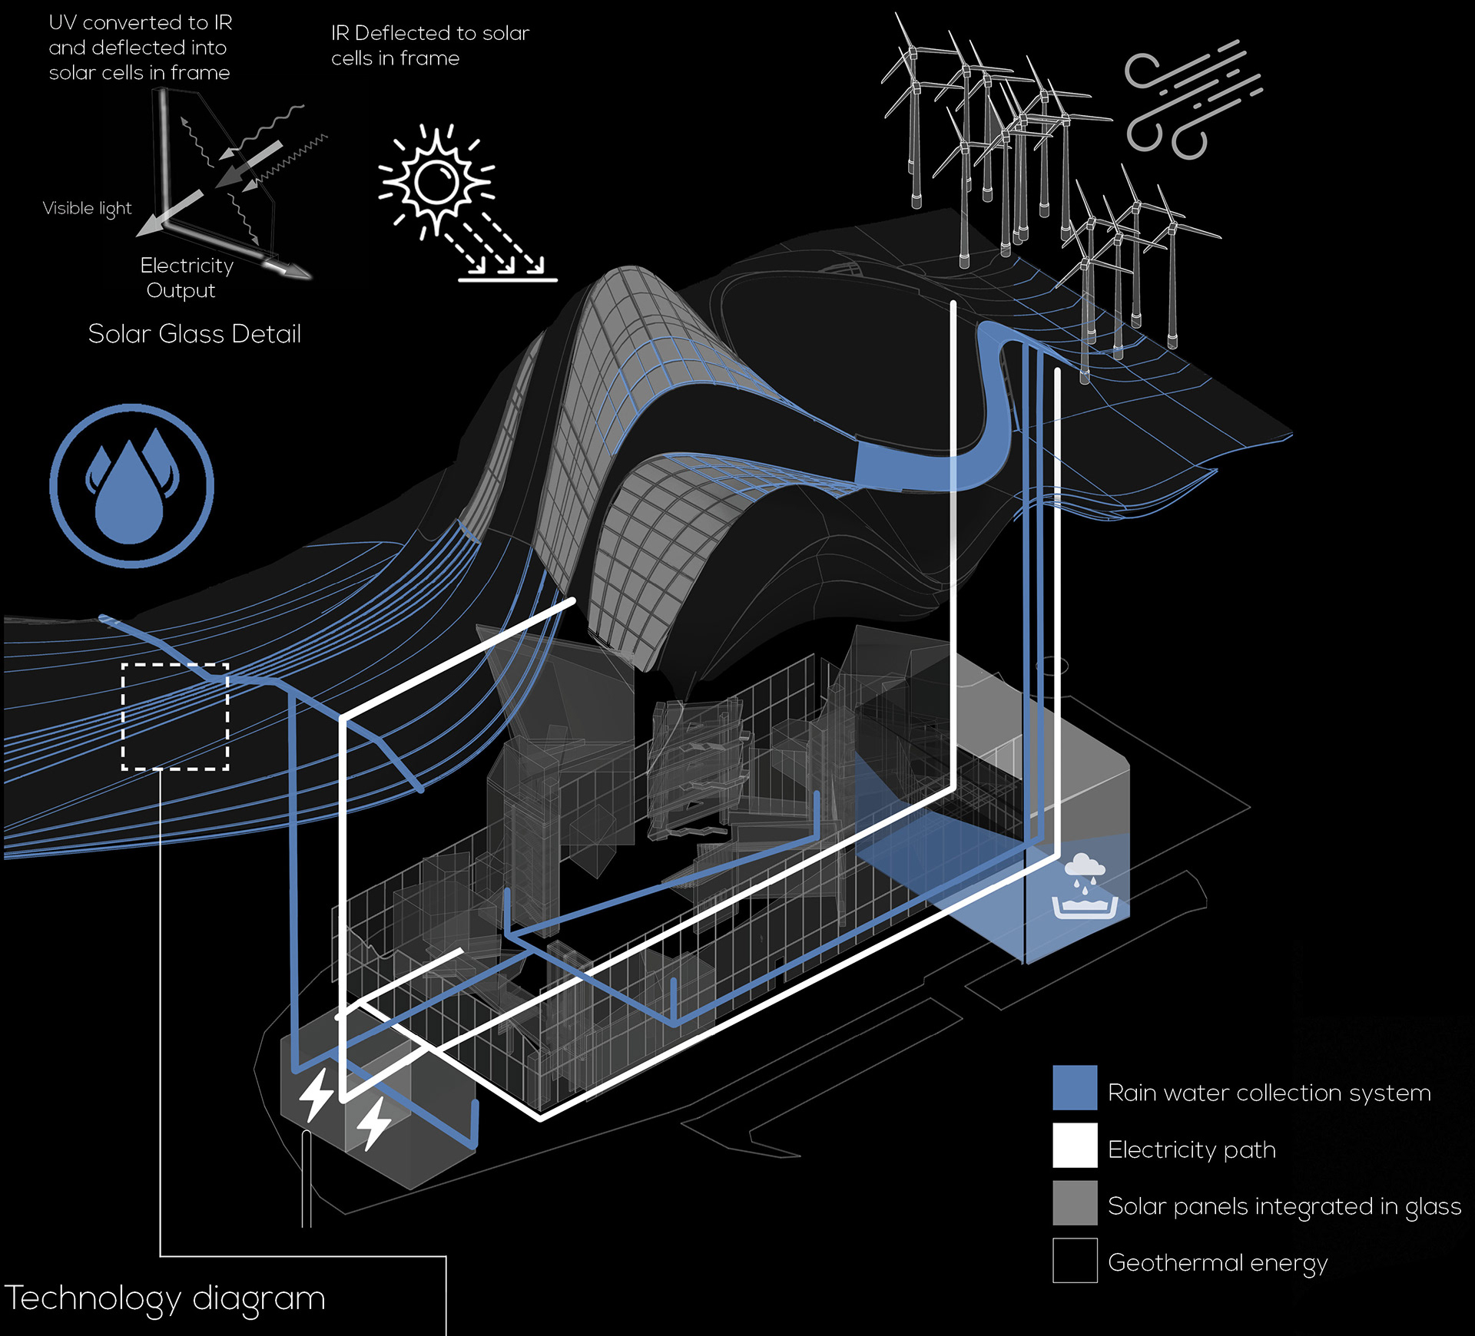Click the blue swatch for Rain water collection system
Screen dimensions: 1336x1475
coord(1075,1087)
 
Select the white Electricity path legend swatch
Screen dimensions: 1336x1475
coord(1075,1145)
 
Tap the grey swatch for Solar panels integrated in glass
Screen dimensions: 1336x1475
coord(1075,1202)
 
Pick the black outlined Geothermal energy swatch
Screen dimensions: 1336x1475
coord(1075,1260)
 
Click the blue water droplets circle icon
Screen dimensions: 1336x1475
coord(131,486)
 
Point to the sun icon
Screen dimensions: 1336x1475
coord(436,181)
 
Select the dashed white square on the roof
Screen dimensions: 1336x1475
coord(175,716)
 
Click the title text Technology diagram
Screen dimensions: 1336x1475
coord(165,1298)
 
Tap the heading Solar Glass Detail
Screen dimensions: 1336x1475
coord(194,334)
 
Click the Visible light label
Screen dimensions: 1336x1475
coord(87,209)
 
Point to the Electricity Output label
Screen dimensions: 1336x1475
coord(186,278)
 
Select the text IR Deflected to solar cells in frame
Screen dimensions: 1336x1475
coord(429,45)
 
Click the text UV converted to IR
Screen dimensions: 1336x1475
coord(140,23)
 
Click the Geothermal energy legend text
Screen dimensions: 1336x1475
coord(1218,1263)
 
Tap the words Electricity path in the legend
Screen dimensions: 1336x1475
coord(1192,1149)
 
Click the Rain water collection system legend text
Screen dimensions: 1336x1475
coord(1269,1093)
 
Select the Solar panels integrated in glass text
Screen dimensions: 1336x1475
coord(1284,1206)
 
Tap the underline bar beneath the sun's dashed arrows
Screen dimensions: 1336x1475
coord(507,280)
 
